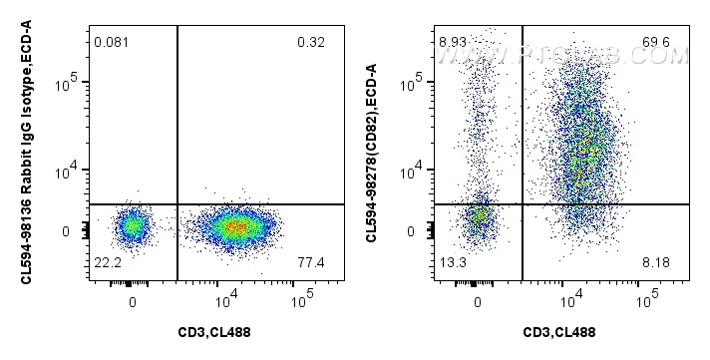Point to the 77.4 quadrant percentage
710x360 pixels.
(310, 261)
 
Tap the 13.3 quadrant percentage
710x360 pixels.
(452, 261)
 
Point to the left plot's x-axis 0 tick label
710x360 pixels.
(133, 298)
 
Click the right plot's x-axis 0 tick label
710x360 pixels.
(479, 298)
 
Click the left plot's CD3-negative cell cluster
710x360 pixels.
(132, 226)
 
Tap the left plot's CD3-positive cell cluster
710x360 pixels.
(233, 227)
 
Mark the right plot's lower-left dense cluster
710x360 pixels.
(480, 216)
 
